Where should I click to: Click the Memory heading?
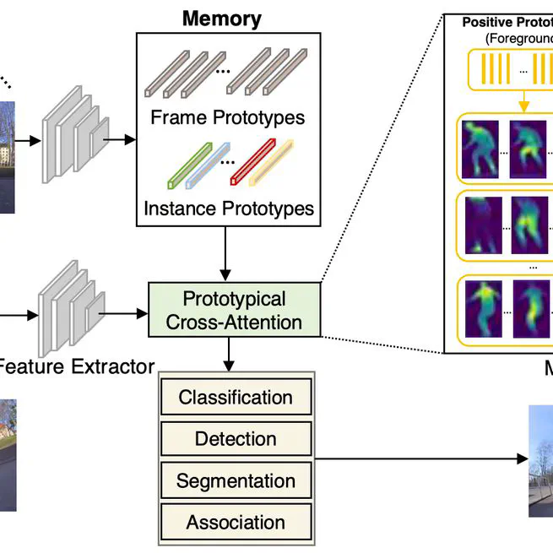[x=222, y=18]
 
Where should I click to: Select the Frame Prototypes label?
[x=227, y=117]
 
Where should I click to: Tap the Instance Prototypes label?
[x=228, y=208]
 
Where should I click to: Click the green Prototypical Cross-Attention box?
[x=234, y=310]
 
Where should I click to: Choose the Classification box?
[x=236, y=398]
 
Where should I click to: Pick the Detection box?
[x=236, y=439]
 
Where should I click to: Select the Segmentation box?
[x=236, y=481]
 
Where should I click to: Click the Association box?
[x=236, y=523]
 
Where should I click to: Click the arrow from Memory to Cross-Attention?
[x=225, y=253]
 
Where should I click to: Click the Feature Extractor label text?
[x=76, y=366]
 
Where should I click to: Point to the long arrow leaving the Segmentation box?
[x=422, y=459]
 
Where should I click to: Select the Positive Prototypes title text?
[x=507, y=22]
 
